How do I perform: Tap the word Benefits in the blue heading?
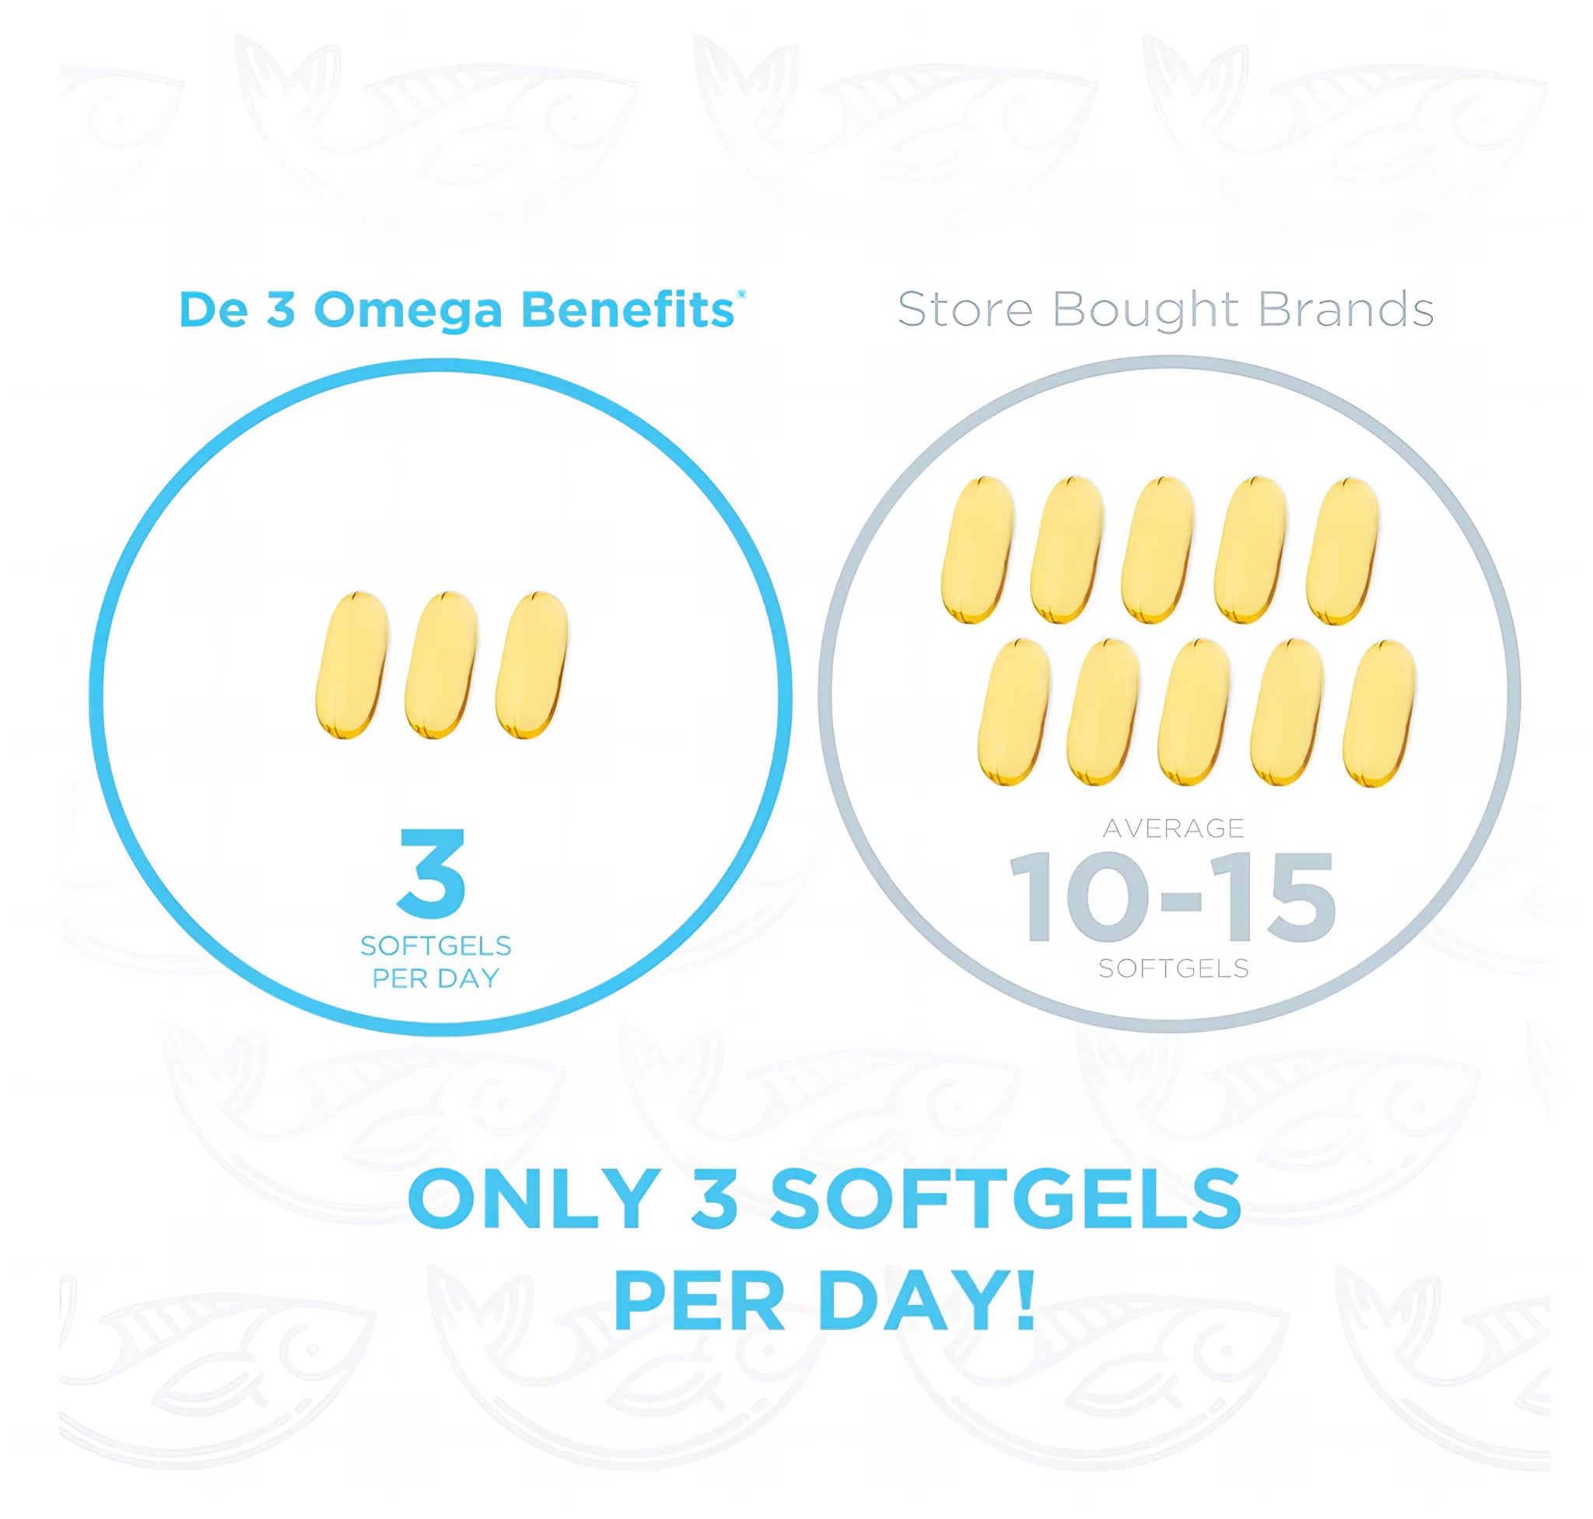tap(628, 309)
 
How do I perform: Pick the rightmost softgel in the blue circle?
tap(531, 665)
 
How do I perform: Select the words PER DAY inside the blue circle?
tap(435, 978)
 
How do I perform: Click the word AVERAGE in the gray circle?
tap(1174, 828)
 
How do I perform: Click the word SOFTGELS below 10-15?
tap(1174, 968)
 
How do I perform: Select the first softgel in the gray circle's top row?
tap(979, 550)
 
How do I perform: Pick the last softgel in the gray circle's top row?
tap(1343, 550)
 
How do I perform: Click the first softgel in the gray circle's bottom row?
tap(1015, 712)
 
